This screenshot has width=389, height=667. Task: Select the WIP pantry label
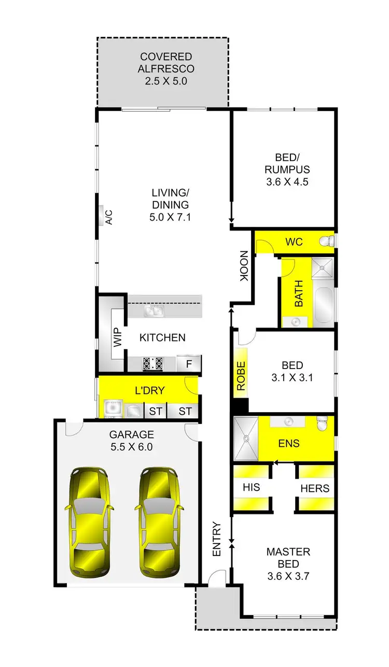click(x=117, y=338)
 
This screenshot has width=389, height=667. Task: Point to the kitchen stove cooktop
click(x=153, y=363)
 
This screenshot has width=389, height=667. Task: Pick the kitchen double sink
click(x=155, y=311)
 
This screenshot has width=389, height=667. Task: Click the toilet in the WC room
click(x=327, y=241)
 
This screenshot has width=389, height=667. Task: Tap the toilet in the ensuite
click(x=322, y=425)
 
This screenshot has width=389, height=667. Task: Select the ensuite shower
click(x=246, y=439)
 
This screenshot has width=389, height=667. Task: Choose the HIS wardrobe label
click(x=251, y=488)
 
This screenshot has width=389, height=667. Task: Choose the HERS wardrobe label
click(x=315, y=488)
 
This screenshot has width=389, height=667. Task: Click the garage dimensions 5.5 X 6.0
click(x=131, y=446)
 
